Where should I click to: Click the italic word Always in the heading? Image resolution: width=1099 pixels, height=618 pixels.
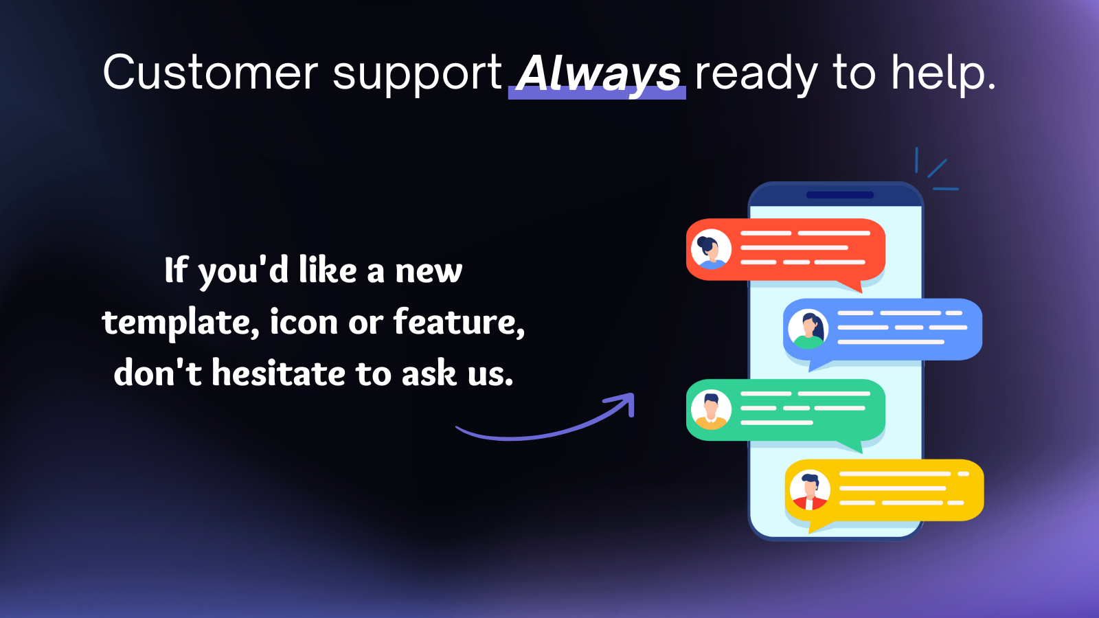pos(599,73)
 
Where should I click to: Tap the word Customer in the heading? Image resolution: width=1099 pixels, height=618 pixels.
pos(211,73)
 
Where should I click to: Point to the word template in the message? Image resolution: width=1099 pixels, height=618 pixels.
pos(180,323)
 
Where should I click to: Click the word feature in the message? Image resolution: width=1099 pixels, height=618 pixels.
pos(459,322)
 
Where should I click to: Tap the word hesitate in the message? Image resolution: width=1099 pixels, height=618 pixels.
pos(279,374)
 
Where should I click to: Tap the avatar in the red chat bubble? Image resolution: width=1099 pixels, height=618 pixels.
pos(711,249)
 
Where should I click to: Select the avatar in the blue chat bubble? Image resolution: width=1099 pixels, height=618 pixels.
pos(808,329)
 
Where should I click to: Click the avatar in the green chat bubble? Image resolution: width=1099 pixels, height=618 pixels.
pos(711,409)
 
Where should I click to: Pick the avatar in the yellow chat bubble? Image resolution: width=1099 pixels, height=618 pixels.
pos(810,490)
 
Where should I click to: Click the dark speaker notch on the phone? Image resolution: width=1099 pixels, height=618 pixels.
pos(840,195)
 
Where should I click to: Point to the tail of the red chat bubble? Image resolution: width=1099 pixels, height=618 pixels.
pos(852,286)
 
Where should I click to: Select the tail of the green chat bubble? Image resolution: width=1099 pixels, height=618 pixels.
pos(852,446)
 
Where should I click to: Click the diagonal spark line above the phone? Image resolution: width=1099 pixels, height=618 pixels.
pos(937,168)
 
